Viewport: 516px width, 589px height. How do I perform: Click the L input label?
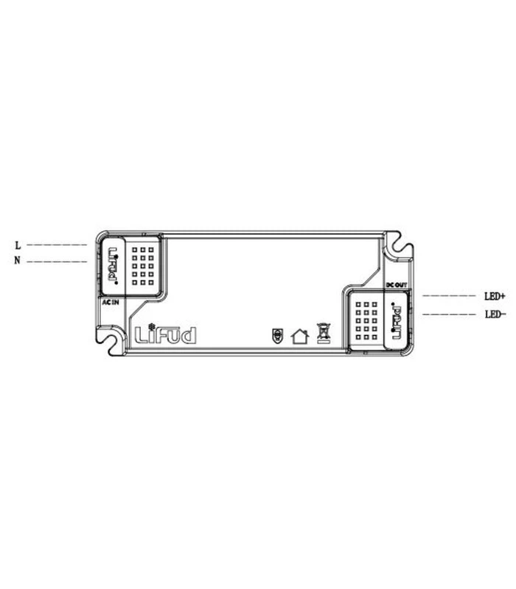pyautogui.click(x=17, y=244)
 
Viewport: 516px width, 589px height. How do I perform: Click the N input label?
pyautogui.click(x=17, y=261)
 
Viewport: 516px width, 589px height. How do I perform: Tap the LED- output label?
pyautogui.click(x=495, y=314)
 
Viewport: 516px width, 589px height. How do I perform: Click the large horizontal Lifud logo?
pyautogui.click(x=166, y=335)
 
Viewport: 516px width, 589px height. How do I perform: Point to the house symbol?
pyautogui.click(x=299, y=336)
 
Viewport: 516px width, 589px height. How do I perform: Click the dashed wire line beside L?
pyautogui.click(x=56, y=244)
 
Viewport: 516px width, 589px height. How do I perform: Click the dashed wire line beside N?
pyautogui.click(x=56, y=261)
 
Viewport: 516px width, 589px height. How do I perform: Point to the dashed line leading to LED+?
pyautogui.click(x=449, y=296)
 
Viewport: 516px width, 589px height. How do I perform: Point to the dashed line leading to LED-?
pyautogui.click(x=449, y=314)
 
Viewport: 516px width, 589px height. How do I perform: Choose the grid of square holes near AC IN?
pyautogui.click(x=142, y=265)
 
